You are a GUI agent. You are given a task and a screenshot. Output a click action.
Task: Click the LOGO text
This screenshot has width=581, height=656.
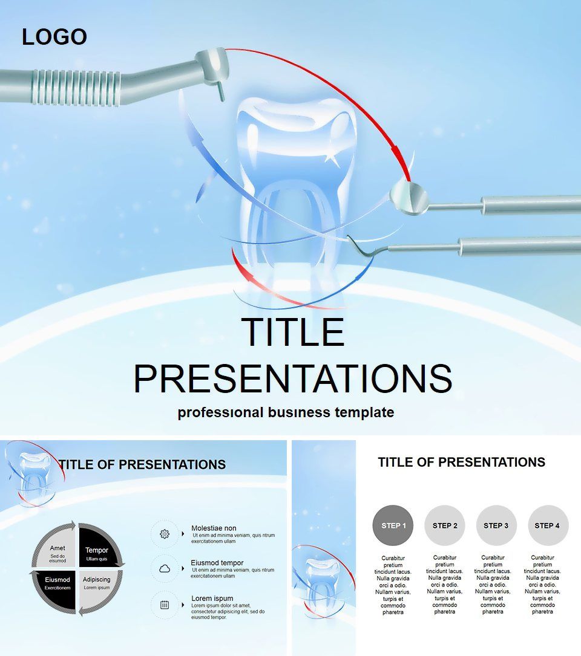tap(54, 37)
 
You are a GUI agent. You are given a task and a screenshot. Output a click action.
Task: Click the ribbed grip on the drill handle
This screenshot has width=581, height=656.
tap(77, 87)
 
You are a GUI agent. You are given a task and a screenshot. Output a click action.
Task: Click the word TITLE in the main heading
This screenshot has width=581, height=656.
tap(293, 332)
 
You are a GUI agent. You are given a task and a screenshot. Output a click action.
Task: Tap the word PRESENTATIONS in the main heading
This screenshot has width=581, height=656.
tap(293, 378)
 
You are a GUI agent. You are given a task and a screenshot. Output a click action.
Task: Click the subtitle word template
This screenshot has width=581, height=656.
tap(364, 412)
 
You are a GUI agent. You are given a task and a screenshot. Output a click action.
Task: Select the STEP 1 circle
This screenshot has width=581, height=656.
tap(393, 525)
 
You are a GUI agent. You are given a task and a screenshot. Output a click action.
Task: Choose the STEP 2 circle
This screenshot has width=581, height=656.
tap(444, 525)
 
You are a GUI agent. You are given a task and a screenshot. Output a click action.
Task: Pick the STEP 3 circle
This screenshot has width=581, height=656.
tap(496, 525)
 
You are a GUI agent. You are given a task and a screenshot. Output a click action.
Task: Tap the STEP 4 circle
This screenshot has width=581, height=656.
tap(547, 525)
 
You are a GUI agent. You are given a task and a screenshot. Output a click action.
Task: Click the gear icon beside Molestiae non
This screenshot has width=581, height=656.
tap(165, 534)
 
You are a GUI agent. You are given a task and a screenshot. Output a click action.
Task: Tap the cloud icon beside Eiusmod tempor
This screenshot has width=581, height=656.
tap(165, 568)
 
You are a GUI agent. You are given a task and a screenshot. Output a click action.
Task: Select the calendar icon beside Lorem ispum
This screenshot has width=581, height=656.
tap(165, 605)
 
